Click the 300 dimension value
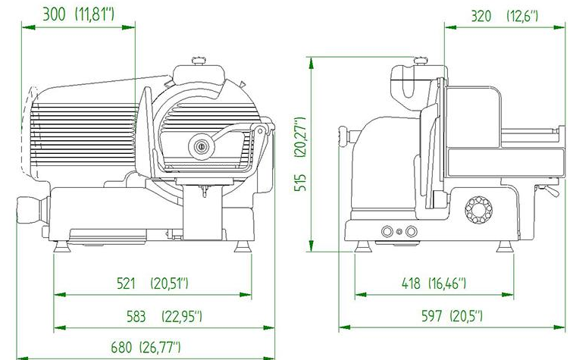(x=54, y=15)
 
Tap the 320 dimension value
(x=481, y=17)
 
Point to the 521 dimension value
(x=126, y=283)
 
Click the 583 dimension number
(x=136, y=316)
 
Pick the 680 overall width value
(x=121, y=347)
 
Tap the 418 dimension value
(x=411, y=283)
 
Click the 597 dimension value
(x=432, y=315)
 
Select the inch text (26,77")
(x=160, y=347)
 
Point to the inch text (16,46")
(x=447, y=283)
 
